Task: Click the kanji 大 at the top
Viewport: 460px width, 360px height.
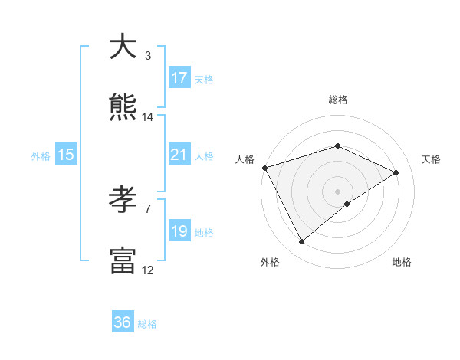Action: [x=123, y=47]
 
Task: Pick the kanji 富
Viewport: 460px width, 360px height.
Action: [x=123, y=260]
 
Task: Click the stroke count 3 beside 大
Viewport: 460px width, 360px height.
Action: [x=147, y=56]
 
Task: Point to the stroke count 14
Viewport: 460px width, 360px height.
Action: [x=148, y=117]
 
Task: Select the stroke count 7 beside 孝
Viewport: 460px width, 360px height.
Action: [x=147, y=208]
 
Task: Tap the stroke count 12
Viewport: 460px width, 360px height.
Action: [x=148, y=270]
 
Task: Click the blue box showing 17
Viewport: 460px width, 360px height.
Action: [x=179, y=78]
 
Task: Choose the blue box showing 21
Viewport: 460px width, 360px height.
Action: [x=179, y=155]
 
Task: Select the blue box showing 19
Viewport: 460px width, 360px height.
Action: [x=179, y=231]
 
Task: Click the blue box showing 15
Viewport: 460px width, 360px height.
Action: [x=66, y=155]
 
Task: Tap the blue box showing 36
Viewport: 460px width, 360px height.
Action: [x=123, y=322]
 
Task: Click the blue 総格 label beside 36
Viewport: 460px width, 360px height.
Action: [x=147, y=324]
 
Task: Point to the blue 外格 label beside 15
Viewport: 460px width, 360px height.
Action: [x=41, y=156]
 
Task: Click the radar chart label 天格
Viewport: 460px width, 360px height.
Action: [x=431, y=159]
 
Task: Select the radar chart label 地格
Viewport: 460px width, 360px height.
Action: [x=402, y=263]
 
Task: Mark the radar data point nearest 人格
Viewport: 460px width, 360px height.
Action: [x=264, y=168]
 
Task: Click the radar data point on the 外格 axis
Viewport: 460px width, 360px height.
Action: [x=301, y=242]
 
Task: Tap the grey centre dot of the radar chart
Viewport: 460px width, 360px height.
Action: [x=337, y=191]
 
